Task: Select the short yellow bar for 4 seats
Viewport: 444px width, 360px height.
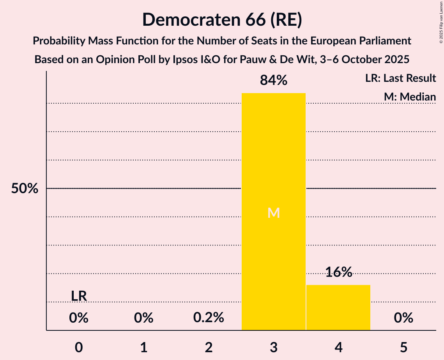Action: (x=338, y=307)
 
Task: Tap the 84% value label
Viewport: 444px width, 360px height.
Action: (x=273, y=81)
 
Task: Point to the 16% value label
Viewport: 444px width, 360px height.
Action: (x=338, y=272)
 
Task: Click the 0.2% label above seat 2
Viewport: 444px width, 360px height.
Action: (x=209, y=318)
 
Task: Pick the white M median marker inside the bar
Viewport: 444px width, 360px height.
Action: (x=274, y=213)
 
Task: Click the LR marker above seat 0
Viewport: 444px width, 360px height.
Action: (x=79, y=296)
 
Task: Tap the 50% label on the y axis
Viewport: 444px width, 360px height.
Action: (x=25, y=189)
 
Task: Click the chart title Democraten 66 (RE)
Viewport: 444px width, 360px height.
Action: (x=222, y=19)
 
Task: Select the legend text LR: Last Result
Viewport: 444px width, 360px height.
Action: (x=400, y=78)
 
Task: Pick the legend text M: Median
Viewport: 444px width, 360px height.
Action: (x=410, y=97)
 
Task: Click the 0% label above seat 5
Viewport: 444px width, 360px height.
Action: (x=403, y=318)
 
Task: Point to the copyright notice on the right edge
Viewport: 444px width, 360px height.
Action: (x=440, y=23)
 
